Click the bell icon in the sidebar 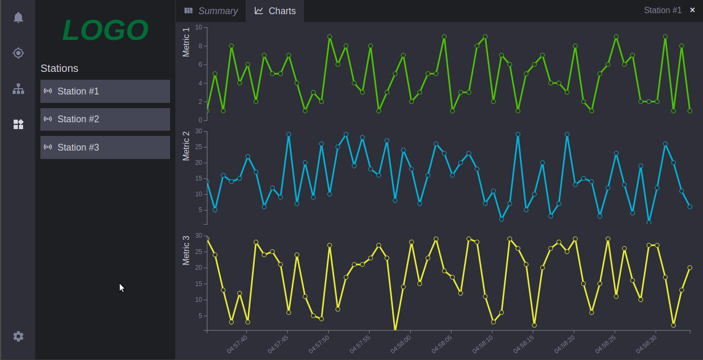tap(18, 17)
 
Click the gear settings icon tap(18, 336)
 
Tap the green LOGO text tap(105, 30)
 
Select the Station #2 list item tap(105, 119)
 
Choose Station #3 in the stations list tap(105, 147)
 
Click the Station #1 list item tap(105, 91)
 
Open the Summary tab tap(211, 11)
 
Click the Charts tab tap(275, 11)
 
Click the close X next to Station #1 tap(692, 10)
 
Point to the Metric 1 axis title tap(186, 42)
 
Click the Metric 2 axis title tap(186, 146)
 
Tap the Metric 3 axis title tap(186, 250)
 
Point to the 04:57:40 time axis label tap(237, 344)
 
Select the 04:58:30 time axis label tap(646, 344)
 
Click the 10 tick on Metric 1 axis tap(198, 27)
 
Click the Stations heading tap(59, 68)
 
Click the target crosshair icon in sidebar tap(18, 53)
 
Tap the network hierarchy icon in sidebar tap(18, 89)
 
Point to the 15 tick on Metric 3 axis tap(198, 284)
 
